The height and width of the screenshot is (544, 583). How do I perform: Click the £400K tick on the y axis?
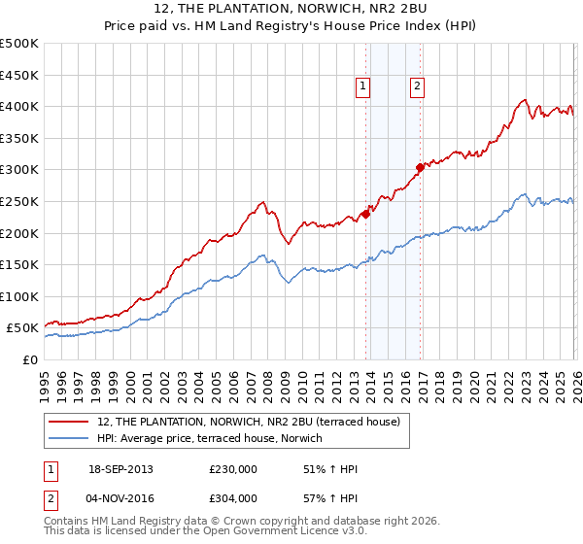click(19, 106)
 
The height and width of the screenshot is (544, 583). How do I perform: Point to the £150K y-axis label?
click(19, 264)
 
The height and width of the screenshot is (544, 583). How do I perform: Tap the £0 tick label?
click(30, 359)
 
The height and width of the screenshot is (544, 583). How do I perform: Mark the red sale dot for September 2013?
click(365, 214)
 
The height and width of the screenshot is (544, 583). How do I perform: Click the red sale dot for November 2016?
click(420, 167)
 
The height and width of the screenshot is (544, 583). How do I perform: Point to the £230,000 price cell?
click(233, 470)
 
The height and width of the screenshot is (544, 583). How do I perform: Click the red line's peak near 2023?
click(525, 99)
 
